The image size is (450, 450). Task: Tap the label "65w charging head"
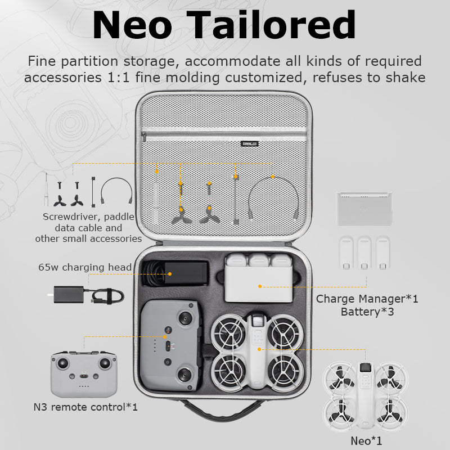[x=85, y=267]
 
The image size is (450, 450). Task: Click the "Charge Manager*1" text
[x=367, y=298]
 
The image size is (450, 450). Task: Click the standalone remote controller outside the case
[x=84, y=375]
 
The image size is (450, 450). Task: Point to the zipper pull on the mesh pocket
[x=144, y=137]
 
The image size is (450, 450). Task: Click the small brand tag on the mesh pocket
[x=249, y=143]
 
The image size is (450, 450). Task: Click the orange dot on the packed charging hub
[x=259, y=286]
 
